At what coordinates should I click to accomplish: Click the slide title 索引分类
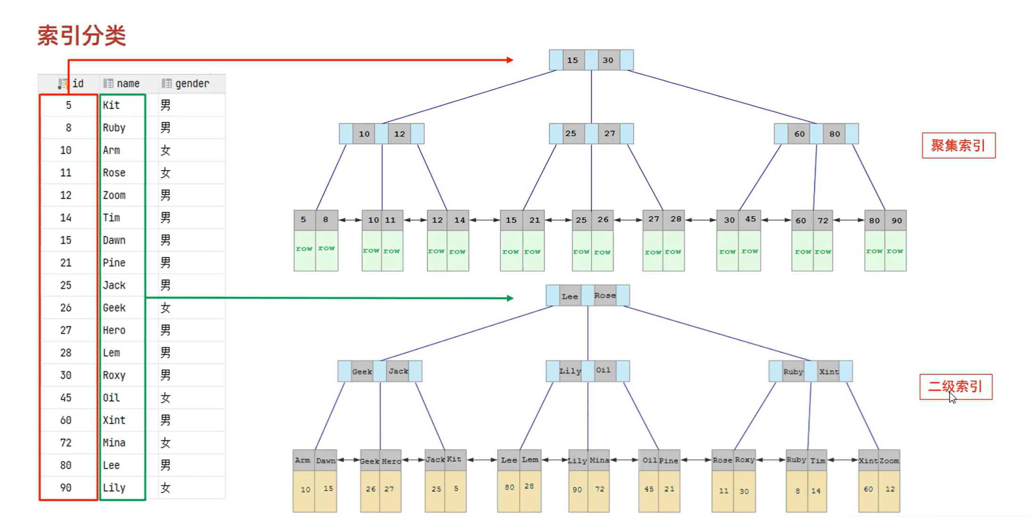[82, 36]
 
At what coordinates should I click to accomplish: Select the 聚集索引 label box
[959, 145]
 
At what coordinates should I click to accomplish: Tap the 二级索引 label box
[956, 387]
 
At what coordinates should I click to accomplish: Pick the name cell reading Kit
[112, 105]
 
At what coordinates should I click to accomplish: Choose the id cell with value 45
[66, 398]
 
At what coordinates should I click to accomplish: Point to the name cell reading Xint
[114, 420]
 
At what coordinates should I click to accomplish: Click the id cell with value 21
[66, 263]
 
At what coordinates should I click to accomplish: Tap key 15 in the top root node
[573, 60]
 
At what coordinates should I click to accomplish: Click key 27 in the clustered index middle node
[610, 134]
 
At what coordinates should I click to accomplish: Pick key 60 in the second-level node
[799, 134]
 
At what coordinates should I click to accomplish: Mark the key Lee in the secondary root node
[570, 296]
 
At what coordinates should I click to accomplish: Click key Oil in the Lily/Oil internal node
[604, 371]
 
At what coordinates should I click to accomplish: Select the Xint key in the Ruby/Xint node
[828, 372]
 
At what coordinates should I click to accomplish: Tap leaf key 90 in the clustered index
[896, 220]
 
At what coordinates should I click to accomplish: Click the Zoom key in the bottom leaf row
[889, 460]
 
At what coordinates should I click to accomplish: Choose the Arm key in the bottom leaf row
[303, 460]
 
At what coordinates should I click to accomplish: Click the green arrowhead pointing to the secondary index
[510, 298]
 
